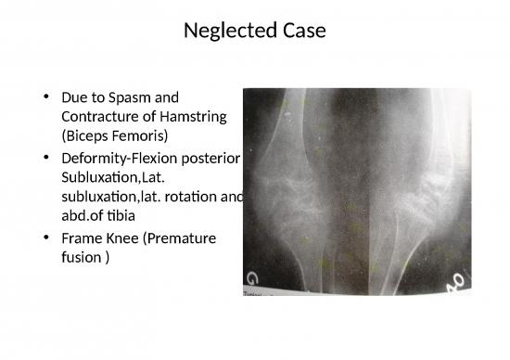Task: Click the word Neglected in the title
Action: coord(226,31)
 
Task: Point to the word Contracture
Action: coord(100,117)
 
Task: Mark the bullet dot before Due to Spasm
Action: coord(45,97)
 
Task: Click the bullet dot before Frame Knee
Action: coord(45,239)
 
